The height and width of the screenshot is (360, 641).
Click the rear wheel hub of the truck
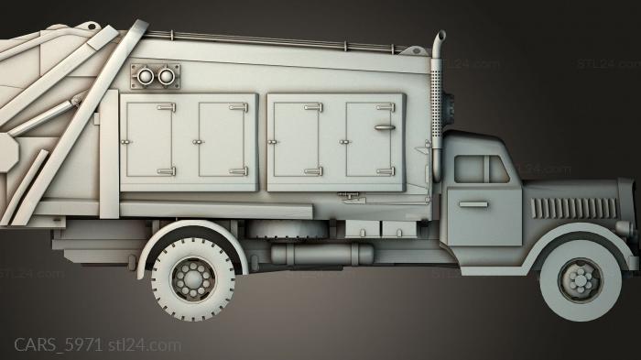click(x=193, y=276)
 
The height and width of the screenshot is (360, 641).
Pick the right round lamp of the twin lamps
click(x=166, y=76)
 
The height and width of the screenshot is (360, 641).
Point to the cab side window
click(x=480, y=169)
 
